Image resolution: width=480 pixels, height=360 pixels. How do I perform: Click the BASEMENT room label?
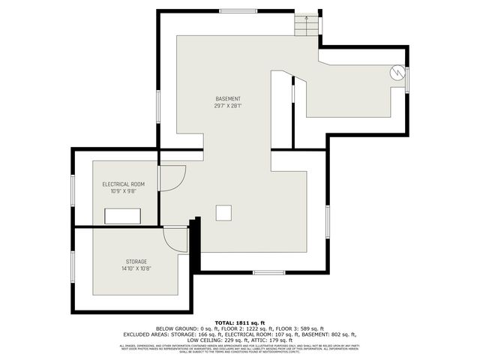(x=228, y=99)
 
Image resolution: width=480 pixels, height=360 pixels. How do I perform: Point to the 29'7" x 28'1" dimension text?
(x=228, y=106)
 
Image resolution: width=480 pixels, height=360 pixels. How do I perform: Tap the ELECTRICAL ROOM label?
(x=124, y=184)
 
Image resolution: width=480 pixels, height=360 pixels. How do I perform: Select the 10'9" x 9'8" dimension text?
(x=124, y=191)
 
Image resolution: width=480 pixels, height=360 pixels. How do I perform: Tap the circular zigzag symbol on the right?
(x=396, y=73)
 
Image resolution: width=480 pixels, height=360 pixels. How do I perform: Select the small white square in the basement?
(x=223, y=213)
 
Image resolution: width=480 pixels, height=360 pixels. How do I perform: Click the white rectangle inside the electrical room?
(x=124, y=215)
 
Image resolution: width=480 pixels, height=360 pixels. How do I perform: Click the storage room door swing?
(x=175, y=239)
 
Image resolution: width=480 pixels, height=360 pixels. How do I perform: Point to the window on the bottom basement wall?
(x=268, y=271)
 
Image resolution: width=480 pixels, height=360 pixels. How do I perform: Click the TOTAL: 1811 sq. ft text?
(x=239, y=319)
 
